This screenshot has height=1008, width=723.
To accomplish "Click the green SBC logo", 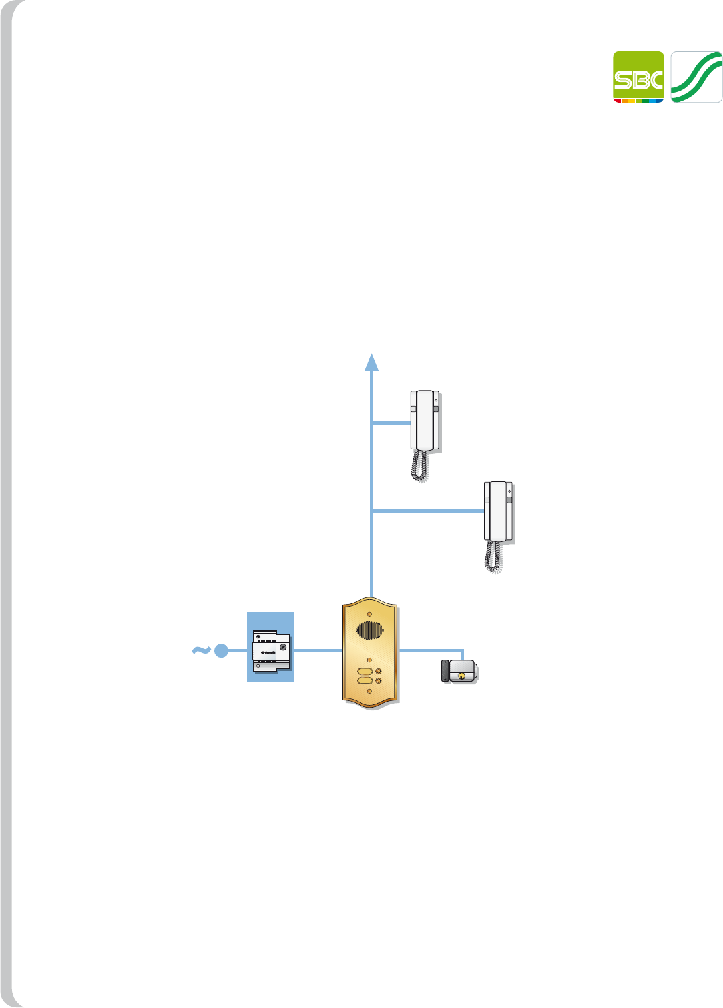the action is click(x=638, y=77).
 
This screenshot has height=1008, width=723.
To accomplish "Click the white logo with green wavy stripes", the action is click(x=696, y=77).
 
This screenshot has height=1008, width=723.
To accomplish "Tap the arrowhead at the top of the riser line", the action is click(x=372, y=362).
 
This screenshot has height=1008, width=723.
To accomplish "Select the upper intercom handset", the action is click(x=424, y=421).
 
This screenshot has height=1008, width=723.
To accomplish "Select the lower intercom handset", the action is click(x=498, y=511).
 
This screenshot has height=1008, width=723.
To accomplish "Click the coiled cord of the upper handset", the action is click(x=419, y=465).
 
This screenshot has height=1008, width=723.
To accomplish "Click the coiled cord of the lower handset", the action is click(x=493, y=557).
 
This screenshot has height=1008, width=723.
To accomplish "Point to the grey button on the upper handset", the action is click(x=436, y=409).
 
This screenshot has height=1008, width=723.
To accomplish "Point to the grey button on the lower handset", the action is click(x=510, y=499).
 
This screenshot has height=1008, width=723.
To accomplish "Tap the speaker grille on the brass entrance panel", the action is click(x=369, y=629).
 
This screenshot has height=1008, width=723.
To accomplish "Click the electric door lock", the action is click(x=459, y=670).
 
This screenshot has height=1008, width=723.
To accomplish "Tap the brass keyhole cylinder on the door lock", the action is click(x=461, y=675).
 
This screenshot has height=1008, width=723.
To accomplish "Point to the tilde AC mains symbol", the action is click(x=201, y=650).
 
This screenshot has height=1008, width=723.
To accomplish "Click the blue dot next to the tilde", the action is click(x=222, y=651).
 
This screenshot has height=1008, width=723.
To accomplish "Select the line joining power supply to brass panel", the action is click(x=318, y=650).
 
